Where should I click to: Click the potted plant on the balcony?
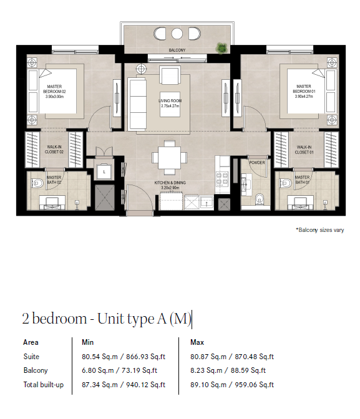221,48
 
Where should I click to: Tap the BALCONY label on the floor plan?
177,50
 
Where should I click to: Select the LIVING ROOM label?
170,101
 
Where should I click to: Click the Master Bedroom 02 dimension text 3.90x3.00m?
54,97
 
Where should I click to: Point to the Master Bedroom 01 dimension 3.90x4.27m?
304,96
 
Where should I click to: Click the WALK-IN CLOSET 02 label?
54,150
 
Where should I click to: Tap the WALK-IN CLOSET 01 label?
304,150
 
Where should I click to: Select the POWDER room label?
257,163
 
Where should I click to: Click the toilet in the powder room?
259,200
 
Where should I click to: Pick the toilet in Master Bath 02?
37,183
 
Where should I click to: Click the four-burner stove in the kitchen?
222,178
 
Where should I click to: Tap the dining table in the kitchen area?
169,158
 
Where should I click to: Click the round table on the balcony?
177,34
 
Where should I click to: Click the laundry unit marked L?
104,171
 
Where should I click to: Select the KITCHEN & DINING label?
170,183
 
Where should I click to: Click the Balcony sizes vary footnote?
320,230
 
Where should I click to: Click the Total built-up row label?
44,385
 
